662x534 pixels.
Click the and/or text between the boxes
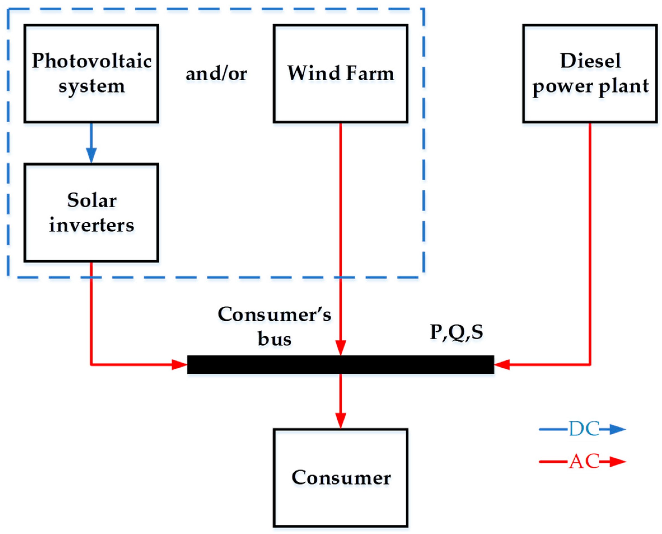coord(216,74)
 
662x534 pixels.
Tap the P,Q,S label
coord(456,332)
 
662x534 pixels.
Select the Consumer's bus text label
coord(274,326)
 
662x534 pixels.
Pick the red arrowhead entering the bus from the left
coord(179,365)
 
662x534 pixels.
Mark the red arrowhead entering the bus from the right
coord(502,365)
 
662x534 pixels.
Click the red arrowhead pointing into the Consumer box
coord(340,420)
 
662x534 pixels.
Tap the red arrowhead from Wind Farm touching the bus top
coord(340,348)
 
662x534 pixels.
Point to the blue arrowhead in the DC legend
coord(617,429)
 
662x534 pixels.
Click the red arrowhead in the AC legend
coord(617,461)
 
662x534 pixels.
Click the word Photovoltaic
coord(92,61)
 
